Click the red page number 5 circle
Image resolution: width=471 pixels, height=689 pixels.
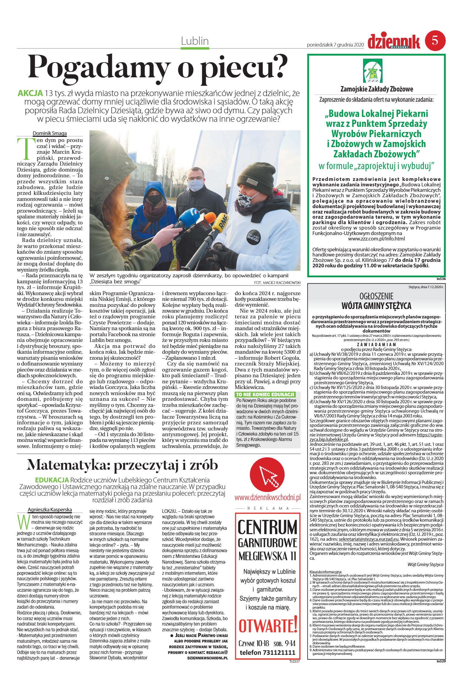pos(435,40)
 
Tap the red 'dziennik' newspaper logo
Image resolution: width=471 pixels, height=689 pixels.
pos(394,42)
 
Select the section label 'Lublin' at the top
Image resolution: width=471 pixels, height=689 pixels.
pos(195,41)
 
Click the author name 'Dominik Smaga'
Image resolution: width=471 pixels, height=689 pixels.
pos(50,133)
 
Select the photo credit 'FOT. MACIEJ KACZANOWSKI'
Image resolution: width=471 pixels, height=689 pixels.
pos(277,282)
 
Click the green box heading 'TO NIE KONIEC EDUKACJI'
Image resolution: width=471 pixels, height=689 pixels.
pos(265,394)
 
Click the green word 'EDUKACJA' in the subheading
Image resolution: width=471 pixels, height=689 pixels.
pos(52,480)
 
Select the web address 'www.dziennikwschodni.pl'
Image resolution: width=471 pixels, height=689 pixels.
pos(267,497)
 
